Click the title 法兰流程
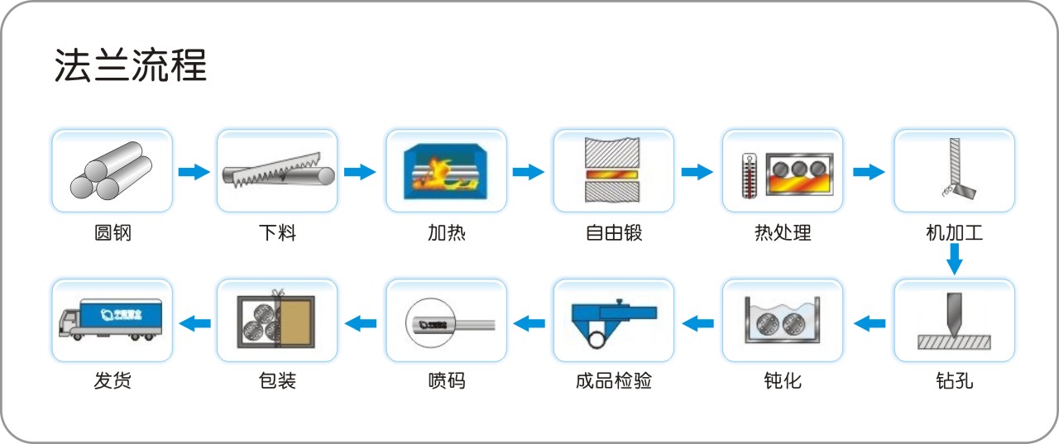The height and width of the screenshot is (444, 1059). click(130, 65)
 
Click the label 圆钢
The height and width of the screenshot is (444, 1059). click(113, 232)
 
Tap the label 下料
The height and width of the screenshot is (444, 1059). click(277, 232)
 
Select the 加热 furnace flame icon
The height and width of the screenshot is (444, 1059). click(446, 171)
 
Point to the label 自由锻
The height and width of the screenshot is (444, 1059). click(614, 232)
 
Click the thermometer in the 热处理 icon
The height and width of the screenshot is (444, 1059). click(750, 174)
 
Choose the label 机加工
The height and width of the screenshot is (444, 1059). click(954, 232)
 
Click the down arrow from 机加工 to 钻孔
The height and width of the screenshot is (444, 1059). click(954, 262)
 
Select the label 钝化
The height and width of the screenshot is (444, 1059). click(783, 380)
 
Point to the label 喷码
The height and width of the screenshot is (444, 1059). click(446, 380)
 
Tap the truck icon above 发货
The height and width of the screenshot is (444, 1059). click(111, 319)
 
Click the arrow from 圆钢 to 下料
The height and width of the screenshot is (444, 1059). click(194, 172)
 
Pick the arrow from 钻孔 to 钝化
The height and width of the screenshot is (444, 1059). click(869, 322)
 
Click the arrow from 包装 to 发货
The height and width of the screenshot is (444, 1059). click(194, 322)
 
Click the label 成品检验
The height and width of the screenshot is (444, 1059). click(614, 380)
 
